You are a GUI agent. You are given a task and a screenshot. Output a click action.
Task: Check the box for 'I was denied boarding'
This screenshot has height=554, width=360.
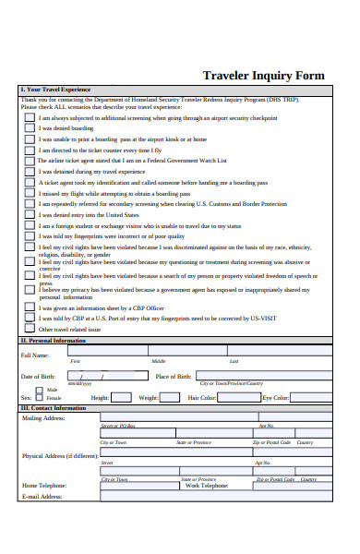click(30, 128)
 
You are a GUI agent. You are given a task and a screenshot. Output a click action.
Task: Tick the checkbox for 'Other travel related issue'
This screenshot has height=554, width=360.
click(30, 329)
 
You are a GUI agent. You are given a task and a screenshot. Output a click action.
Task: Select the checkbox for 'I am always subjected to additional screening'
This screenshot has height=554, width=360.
click(30, 118)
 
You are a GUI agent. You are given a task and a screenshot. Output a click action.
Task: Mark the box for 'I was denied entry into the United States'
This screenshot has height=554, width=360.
click(30, 214)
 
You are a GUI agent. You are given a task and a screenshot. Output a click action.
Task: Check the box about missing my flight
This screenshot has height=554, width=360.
click(30, 193)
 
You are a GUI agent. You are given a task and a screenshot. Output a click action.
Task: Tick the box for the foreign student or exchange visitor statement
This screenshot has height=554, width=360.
click(30, 225)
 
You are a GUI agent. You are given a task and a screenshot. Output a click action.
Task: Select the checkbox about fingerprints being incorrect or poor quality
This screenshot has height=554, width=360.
click(30, 236)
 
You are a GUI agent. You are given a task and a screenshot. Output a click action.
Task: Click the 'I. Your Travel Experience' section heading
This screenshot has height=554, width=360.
click(55, 90)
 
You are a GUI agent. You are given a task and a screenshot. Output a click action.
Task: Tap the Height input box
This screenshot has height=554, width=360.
click(121, 397)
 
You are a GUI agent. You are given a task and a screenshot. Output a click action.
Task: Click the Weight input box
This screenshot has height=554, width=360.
click(171, 397)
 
